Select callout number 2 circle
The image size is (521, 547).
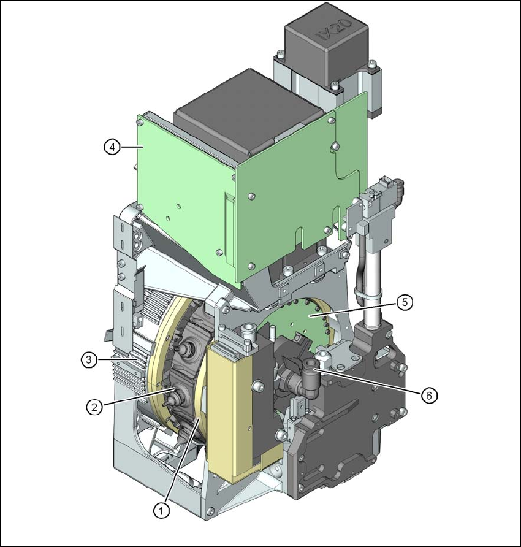(94, 407)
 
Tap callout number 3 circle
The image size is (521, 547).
(89, 360)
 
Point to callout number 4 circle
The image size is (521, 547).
(112, 147)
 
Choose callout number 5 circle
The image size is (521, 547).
(405, 302)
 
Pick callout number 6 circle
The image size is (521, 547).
(428, 396)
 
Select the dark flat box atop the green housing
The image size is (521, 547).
(249, 112)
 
